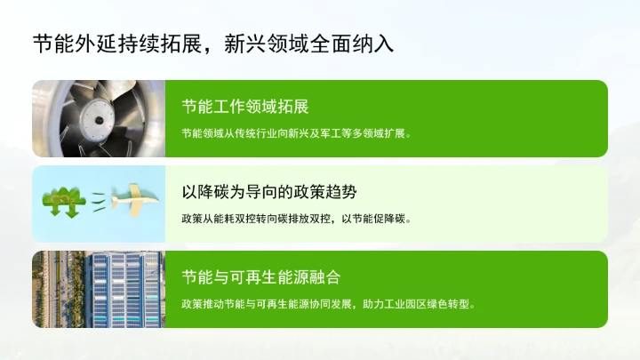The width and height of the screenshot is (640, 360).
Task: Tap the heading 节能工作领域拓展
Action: pos(244,108)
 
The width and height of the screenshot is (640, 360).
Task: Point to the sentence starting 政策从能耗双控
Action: pos(295,218)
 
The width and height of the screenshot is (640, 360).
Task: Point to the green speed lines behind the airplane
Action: pos(100,201)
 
